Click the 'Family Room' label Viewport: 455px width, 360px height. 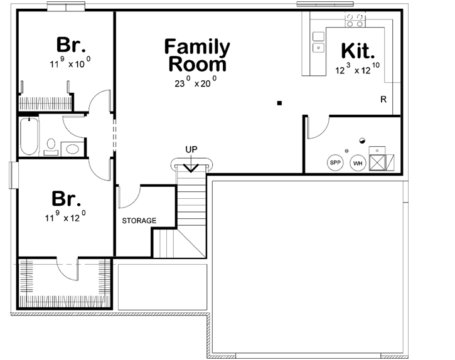(196, 55)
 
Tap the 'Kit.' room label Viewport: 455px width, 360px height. (358, 51)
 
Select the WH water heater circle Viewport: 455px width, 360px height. (358, 163)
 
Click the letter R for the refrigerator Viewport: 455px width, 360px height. (383, 100)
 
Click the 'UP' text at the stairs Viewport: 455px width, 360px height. (191, 149)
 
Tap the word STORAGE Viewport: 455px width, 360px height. (139, 220)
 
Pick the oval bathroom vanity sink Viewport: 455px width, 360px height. (73, 149)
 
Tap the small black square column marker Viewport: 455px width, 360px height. (279, 102)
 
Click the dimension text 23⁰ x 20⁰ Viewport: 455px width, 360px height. (196, 82)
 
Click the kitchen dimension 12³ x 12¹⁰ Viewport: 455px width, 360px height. (358, 70)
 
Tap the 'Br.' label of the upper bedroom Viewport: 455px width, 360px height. (71, 46)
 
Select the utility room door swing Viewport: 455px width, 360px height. (317, 127)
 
